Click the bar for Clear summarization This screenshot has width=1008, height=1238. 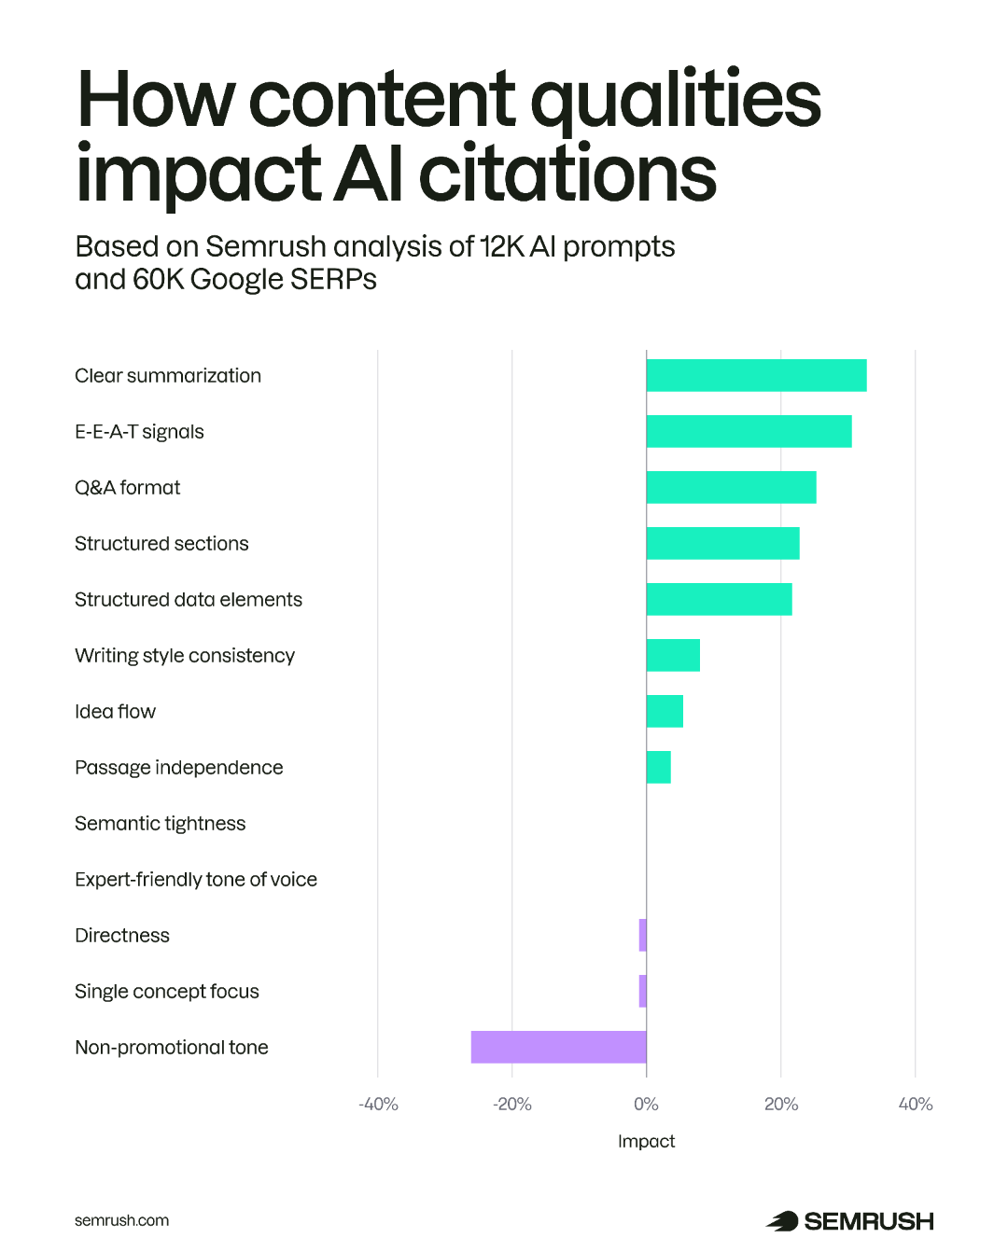[x=756, y=375]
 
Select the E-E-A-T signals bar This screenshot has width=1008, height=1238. [x=749, y=431]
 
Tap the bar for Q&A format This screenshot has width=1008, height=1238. [x=731, y=487]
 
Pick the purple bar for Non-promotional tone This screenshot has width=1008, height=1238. [x=558, y=1047]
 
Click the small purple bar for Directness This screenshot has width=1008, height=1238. [x=642, y=935]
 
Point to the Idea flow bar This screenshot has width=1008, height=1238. [x=665, y=711]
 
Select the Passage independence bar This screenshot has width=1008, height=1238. [x=658, y=767]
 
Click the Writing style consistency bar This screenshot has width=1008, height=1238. [x=673, y=655]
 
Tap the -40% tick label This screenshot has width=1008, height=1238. [x=378, y=1105]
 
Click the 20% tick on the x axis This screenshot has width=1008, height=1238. [x=781, y=1105]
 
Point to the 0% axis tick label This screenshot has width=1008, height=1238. [x=646, y=1105]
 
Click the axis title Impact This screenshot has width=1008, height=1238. [x=646, y=1141]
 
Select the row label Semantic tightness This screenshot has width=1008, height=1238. [x=160, y=824]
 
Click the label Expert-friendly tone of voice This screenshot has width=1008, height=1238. [x=196, y=880]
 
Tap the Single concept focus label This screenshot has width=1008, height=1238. [x=167, y=992]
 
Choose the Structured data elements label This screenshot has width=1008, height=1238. [x=189, y=600]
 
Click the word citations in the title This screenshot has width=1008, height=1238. [x=567, y=174]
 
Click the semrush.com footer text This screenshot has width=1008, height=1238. [x=121, y=1220]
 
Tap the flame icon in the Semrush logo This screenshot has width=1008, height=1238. [x=782, y=1220]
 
